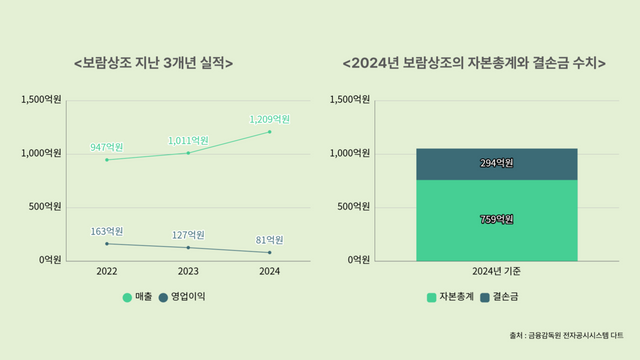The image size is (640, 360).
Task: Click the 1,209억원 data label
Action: pyautogui.click(x=269, y=119)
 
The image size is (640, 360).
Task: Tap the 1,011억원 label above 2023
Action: pyautogui.click(x=188, y=140)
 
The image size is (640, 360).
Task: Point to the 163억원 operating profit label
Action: pyautogui.click(x=107, y=231)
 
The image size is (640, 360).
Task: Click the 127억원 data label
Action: pyautogui.click(x=188, y=235)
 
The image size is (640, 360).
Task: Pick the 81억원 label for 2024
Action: pyautogui.click(x=269, y=240)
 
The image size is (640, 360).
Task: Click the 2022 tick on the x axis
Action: pyautogui.click(x=107, y=271)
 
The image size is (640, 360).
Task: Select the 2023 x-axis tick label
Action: pyautogui.click(x=188, y=271)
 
